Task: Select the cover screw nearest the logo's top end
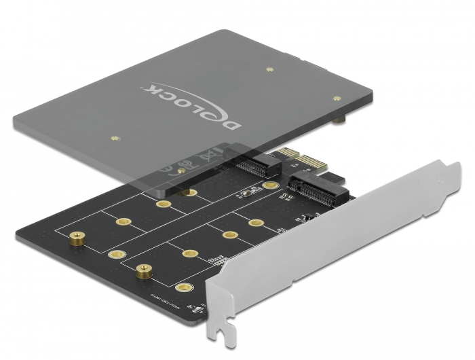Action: [x=269, y=68]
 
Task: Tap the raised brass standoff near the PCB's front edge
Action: [x=143, y=270]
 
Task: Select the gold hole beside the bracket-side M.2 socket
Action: [x=272, y=185]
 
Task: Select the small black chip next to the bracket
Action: [x=309, y=217]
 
